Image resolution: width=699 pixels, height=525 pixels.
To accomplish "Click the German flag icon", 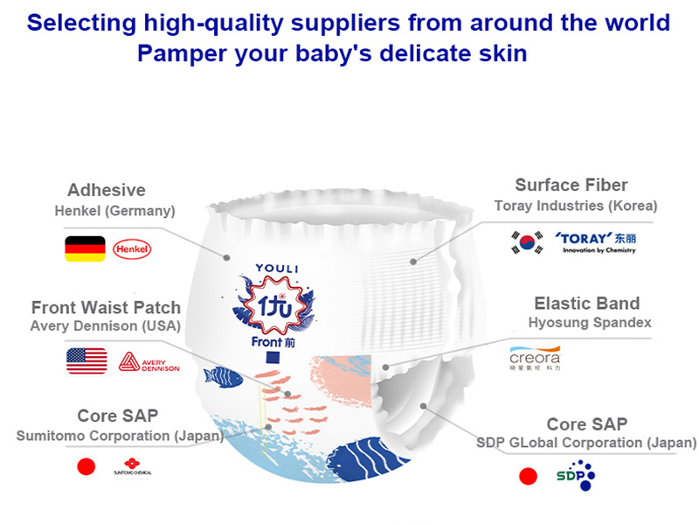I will (85, 248).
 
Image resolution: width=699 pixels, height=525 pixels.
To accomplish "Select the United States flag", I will (87, 360).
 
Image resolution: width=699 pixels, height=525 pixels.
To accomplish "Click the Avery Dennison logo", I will (149, 361).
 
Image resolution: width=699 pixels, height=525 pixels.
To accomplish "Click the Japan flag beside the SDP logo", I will (528, 476).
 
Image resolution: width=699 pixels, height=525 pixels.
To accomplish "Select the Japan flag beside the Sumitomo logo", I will (86, 467).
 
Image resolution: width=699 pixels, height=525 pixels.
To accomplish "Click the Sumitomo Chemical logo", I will (132, 466).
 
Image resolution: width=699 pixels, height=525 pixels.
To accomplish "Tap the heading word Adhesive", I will (107, 190).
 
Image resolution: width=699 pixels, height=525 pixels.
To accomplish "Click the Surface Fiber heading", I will (571, 185).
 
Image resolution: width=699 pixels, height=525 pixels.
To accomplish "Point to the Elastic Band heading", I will (586, 304).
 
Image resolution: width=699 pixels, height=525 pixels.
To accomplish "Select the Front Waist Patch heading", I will (106, 307).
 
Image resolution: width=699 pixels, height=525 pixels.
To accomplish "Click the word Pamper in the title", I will (177, 53).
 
